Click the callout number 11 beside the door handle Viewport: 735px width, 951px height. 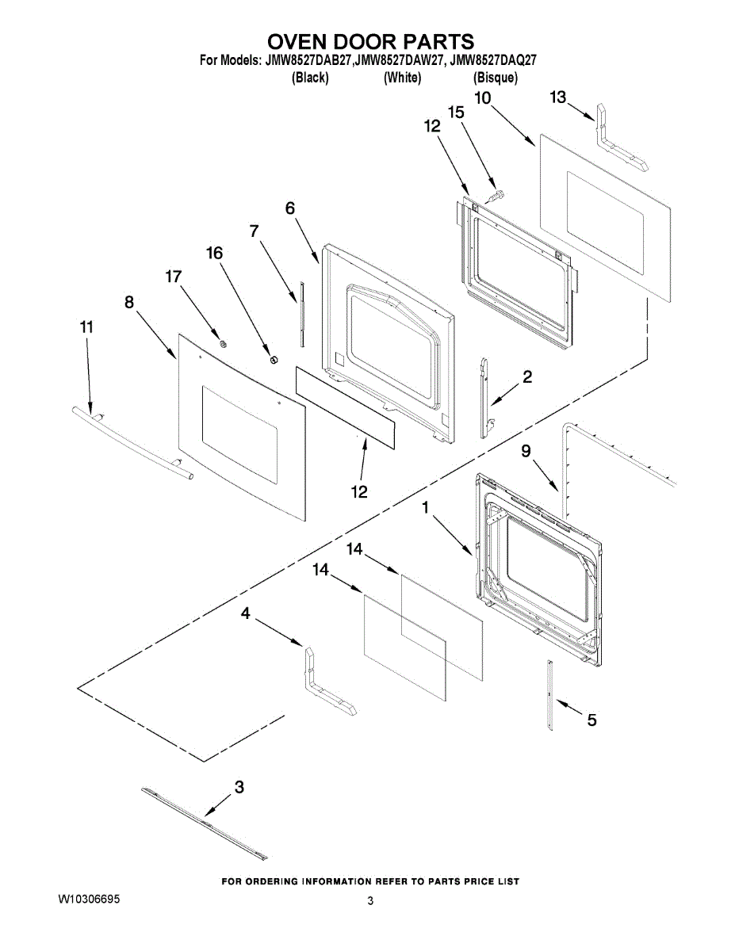pos(87,327)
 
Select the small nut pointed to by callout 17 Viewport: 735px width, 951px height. pos(224,342)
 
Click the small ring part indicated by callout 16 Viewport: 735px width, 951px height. pos(274,361)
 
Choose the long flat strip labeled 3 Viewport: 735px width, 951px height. pos(205,824)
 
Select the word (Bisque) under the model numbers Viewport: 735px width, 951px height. pos(496,78)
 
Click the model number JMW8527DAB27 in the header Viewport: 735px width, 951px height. pos(308,59)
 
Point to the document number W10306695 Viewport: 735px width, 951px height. pos(90,901)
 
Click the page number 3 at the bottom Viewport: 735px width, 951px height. pos(370,901)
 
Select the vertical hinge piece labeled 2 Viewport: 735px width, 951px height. pos(484,396)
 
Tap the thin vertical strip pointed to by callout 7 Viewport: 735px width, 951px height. pos(301,313)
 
